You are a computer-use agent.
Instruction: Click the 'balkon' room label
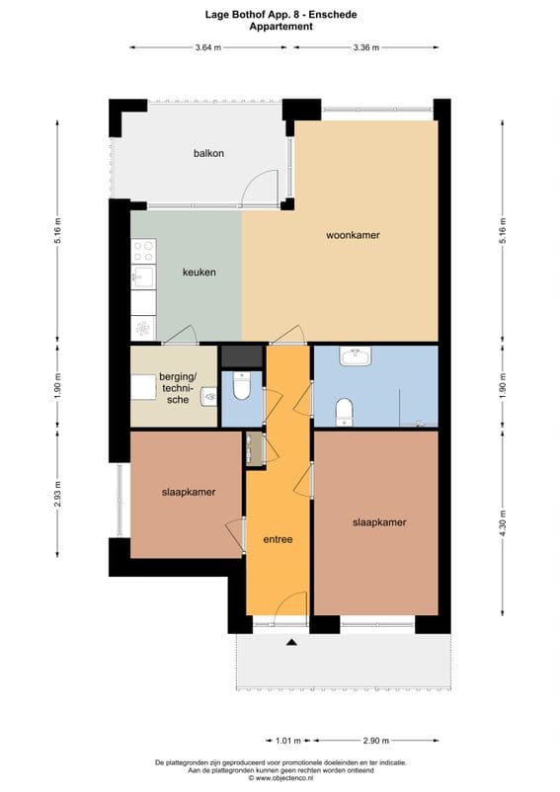point(208,153)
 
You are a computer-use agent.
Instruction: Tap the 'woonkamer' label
point(353,235)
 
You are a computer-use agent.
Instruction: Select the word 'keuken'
point(199,273)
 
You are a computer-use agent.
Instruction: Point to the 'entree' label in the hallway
point(278,540)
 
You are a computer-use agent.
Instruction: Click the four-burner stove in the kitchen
point(143,251)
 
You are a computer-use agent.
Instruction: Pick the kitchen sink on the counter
point(143,277)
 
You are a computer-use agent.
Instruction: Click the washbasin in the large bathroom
point(355,357)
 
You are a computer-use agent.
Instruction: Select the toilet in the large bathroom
point(345,410)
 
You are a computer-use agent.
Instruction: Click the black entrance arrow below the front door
point(291,643)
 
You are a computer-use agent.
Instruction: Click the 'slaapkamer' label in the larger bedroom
point(379,522)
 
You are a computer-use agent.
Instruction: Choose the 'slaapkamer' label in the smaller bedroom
point(189,492)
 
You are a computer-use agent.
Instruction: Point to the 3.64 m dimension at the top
point(207,47)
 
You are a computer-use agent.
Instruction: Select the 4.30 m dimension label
point(503,521)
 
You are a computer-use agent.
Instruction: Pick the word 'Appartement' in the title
point(280,27)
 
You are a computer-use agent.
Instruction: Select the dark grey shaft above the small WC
point(240,356)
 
